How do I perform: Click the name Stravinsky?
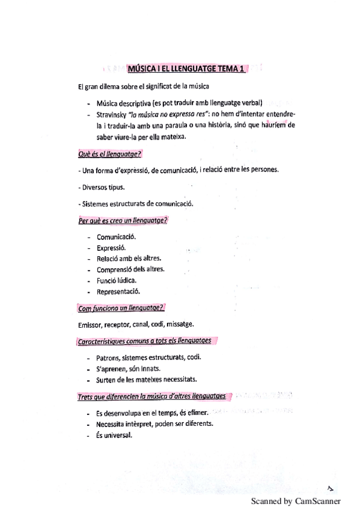[x=114, y=114]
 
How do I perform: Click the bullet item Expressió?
[x=110, y=248]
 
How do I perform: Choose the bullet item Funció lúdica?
[x=116, y=280]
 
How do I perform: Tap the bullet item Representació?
[x=118, y=292]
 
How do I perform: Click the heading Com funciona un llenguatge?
[x=121, y=309]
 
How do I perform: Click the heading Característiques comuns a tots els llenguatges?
[x=145, y=341]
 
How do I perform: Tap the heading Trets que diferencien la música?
[x=152, y=396]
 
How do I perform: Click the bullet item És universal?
[x=113, y=435]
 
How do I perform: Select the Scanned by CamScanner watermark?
[x=295, y=500]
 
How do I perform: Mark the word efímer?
[x=194, y=413]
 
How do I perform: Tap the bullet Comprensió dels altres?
[x=130, y=269]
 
